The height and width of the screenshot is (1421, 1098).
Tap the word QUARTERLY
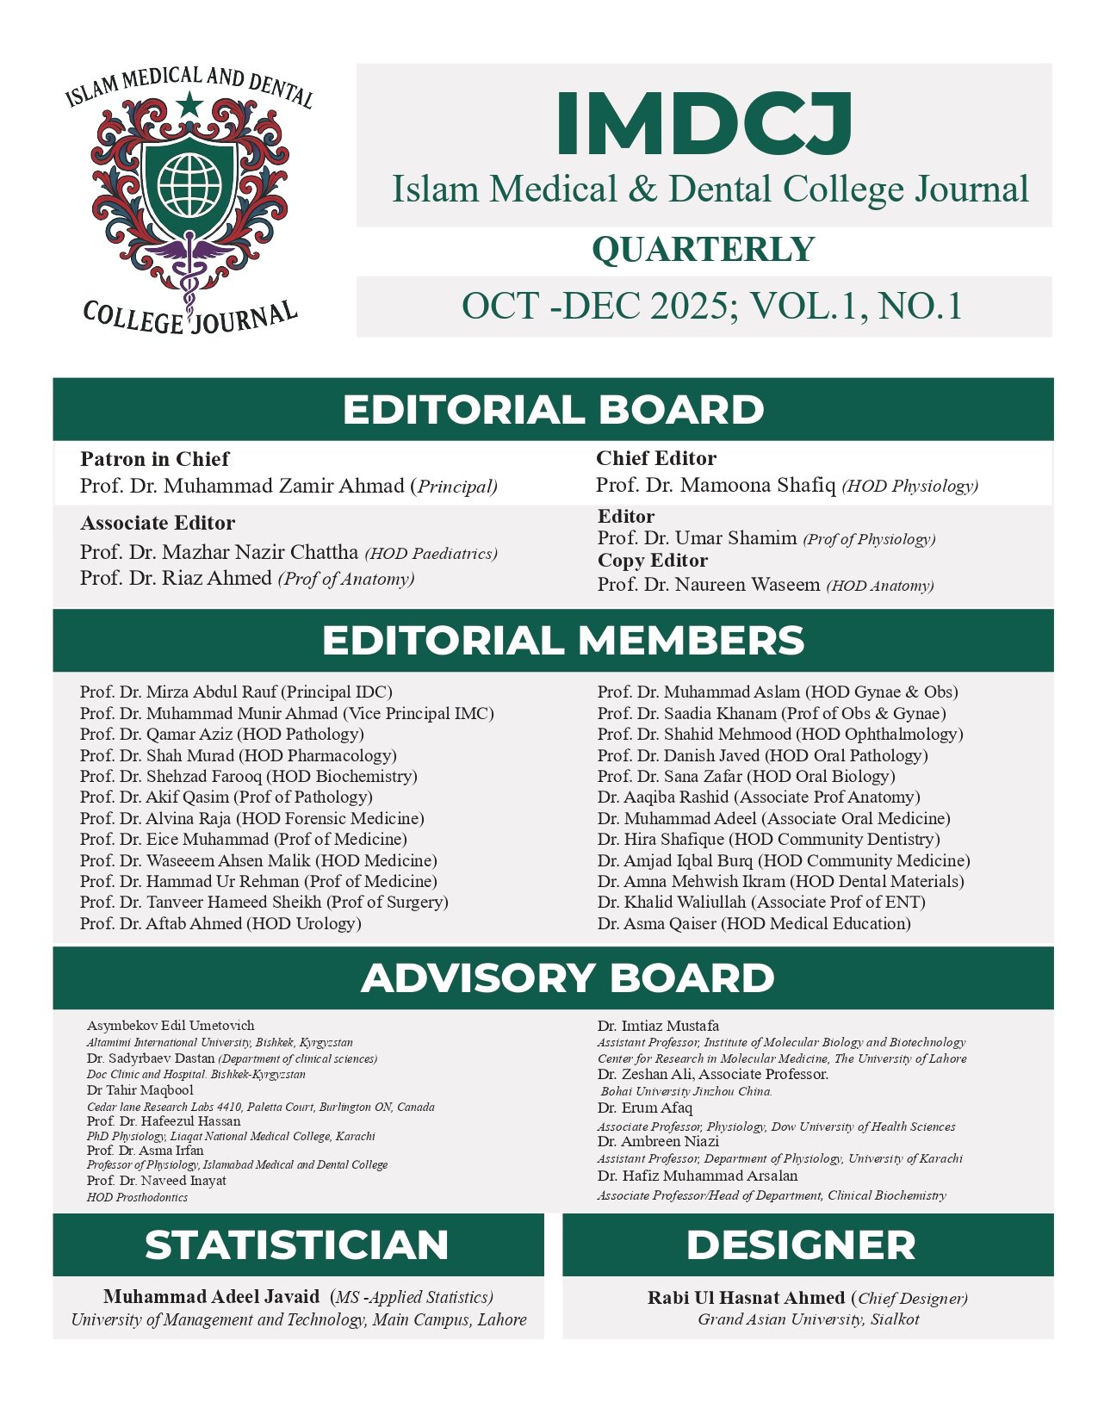point(703,250)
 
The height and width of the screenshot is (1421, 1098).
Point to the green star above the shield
point(189,106)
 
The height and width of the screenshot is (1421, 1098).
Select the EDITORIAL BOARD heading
point(553,409)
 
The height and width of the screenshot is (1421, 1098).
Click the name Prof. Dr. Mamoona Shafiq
point(716,486)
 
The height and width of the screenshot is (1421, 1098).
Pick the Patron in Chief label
point(155,459)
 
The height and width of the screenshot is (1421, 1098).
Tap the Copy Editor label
point(653,561)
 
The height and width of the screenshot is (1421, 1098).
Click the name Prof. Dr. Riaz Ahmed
point(176,578)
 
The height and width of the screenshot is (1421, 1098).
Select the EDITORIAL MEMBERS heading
point(562,641)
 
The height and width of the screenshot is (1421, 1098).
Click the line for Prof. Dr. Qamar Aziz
point(222,735)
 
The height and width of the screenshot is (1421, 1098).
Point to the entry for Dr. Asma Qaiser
point(754,924)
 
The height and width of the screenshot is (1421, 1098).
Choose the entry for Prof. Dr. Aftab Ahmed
point(220,924)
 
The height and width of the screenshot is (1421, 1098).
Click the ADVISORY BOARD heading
point(568,978)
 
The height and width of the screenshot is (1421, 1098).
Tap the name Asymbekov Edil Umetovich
point(171,1026)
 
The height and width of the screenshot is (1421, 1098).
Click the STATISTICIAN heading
point(297,1245)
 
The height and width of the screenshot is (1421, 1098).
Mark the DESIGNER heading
point(801,1245)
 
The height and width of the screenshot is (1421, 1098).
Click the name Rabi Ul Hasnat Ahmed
point(746,1298)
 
